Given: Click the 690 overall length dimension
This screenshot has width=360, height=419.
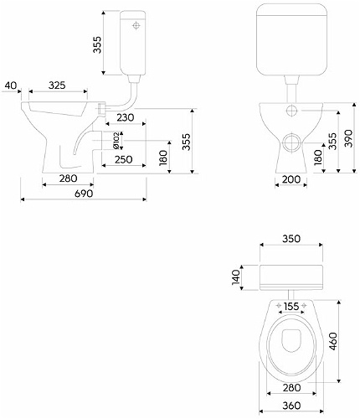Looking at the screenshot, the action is [84, 194].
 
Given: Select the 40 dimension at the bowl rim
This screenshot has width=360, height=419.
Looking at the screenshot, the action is [11, 85].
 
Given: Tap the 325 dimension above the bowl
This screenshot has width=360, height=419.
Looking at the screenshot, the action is [57, 85].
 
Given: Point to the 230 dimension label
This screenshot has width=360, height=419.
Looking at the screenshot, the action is [126, 117].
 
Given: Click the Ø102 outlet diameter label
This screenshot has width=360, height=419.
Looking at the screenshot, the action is [116, 140].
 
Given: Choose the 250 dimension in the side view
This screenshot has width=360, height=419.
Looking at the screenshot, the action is [124, 159].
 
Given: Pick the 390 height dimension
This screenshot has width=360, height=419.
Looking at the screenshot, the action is [348, 138].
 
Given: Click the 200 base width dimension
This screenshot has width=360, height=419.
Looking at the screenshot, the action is [291, 179].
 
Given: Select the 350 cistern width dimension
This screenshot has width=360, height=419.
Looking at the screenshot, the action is [291, 239].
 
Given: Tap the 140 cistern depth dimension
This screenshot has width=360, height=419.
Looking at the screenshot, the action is [236, 277].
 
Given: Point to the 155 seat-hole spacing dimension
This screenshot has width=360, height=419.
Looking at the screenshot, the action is [291, 307].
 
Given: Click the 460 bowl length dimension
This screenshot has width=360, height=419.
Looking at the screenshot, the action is [333, 341].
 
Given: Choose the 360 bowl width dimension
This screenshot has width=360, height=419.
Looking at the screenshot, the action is [291, 406].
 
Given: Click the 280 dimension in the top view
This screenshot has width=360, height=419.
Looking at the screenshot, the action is [291, 388].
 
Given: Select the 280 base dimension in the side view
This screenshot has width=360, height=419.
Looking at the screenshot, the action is [68, 178].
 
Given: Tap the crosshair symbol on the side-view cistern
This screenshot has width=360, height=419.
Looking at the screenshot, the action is [136, 26].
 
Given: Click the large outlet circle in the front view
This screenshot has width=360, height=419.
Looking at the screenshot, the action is [292, 142].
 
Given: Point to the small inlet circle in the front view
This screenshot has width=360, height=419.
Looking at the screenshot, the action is [291, 111].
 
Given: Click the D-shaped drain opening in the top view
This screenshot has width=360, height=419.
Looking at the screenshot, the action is [291, 340].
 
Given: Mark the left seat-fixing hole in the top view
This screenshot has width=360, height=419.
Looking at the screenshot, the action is [279, 306].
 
